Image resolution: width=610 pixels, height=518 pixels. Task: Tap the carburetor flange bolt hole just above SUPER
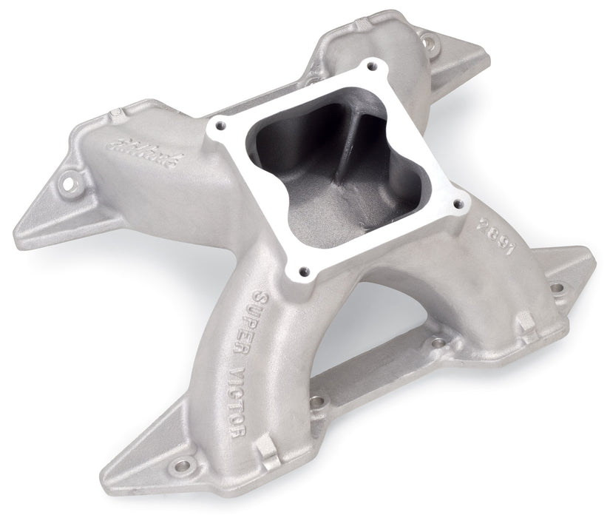click(302, 271)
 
